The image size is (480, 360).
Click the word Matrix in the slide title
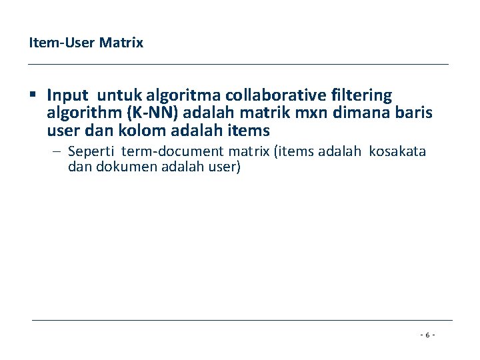coord(121,43)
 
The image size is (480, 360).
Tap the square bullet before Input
coord(33,95)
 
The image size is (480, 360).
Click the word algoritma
coord(174,96)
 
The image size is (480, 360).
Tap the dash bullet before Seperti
coord(58,152)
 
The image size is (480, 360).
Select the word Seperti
coord(92,152)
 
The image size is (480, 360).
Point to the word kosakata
coord(397,152)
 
